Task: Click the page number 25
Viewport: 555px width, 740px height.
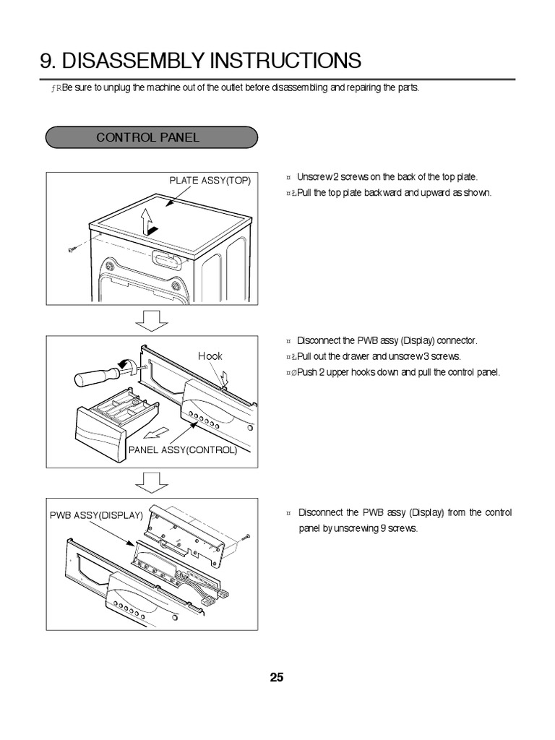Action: click(x=277, y=678)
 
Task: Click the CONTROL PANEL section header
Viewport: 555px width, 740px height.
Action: click(x=148, y=137)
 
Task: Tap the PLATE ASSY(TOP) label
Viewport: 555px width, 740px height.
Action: click(x=210, y=181)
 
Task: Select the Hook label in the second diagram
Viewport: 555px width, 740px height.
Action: click(x=210, y=356)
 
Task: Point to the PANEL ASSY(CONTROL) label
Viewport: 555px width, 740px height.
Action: click(x=183, y=449)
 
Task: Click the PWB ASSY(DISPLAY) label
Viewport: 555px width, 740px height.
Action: click(x=96, y=516)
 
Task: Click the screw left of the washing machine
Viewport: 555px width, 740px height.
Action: click(x=72, y=249)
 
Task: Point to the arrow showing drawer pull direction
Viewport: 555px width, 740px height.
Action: click(x=152, y=434)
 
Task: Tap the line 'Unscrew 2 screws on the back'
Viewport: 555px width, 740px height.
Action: click(x=387, y=177)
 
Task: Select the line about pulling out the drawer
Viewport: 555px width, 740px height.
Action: click(x=379, y=356)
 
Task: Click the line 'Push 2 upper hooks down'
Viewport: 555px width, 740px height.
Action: click(x=398, y=372)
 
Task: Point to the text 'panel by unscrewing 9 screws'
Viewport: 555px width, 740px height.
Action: click(x=358, y=528)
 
